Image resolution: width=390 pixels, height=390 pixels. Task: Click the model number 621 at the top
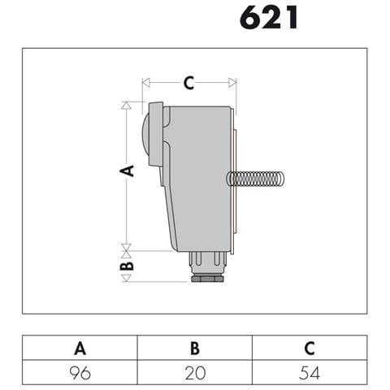pos(269,18)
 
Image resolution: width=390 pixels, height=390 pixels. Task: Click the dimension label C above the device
pos(188,83)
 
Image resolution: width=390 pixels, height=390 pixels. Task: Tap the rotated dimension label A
pos(127,171)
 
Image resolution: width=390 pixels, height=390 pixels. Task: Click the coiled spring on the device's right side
pos(255,179)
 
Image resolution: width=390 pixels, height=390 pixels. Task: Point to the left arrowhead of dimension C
pos(146,83)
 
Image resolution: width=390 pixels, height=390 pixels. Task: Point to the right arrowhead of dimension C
pos(232,83)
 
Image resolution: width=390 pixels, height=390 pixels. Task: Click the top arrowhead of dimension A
pos(126,106)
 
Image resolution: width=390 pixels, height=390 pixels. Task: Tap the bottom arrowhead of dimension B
pos(126,278)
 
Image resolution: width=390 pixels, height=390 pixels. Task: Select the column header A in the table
pos(80,349)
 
